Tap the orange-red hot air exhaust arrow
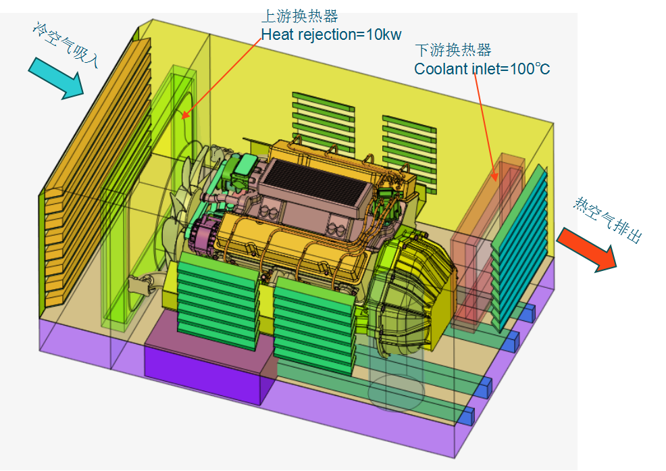tap(587, 250)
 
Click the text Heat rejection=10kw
tap(331, 34)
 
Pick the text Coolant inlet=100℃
tap(482, 68)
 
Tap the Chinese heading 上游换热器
tap(299, 16)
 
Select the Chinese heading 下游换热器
tap(453, 50)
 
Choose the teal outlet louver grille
tap(519, 247)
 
